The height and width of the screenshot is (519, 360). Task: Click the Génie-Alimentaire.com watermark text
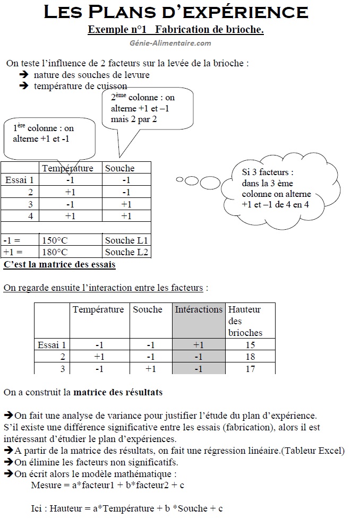pyautogui.click(x=170, y=43)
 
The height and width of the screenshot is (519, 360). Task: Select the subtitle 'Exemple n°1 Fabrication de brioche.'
pyautogui.click(x=176, y=30)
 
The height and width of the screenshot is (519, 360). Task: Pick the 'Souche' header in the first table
pyautogui.click(x=119, y=168)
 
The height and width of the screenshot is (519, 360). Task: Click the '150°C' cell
pyautogui.click(x=55, y=240)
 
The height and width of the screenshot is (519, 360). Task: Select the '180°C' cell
pyautogui.click(x=55, y=252)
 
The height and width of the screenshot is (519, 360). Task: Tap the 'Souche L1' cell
pyautogui.click(x=127, y=240)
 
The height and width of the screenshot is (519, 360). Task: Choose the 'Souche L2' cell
pyautogui.click(x=127, y=252)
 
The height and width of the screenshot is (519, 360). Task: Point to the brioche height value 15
pyautogui.click(x=250, y=345)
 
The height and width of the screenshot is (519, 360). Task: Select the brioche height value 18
pyautogui.click(x=250, y=357)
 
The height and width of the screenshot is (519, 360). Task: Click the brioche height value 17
pyautogui.click(x=250, y=368)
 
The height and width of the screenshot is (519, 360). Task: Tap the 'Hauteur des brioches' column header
pyautogui.click(x=245, y=321)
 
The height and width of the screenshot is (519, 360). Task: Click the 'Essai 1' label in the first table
pyautogui.click(x=20, y=180)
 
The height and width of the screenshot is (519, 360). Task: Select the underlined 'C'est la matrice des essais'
pyautogui.click(x=59, y=264)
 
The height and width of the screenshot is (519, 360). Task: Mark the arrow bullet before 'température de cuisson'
pyautogui.click(x=23, y=85)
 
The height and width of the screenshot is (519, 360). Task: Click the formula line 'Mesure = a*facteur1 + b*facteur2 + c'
pyautogui.click(x=108, y=485)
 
